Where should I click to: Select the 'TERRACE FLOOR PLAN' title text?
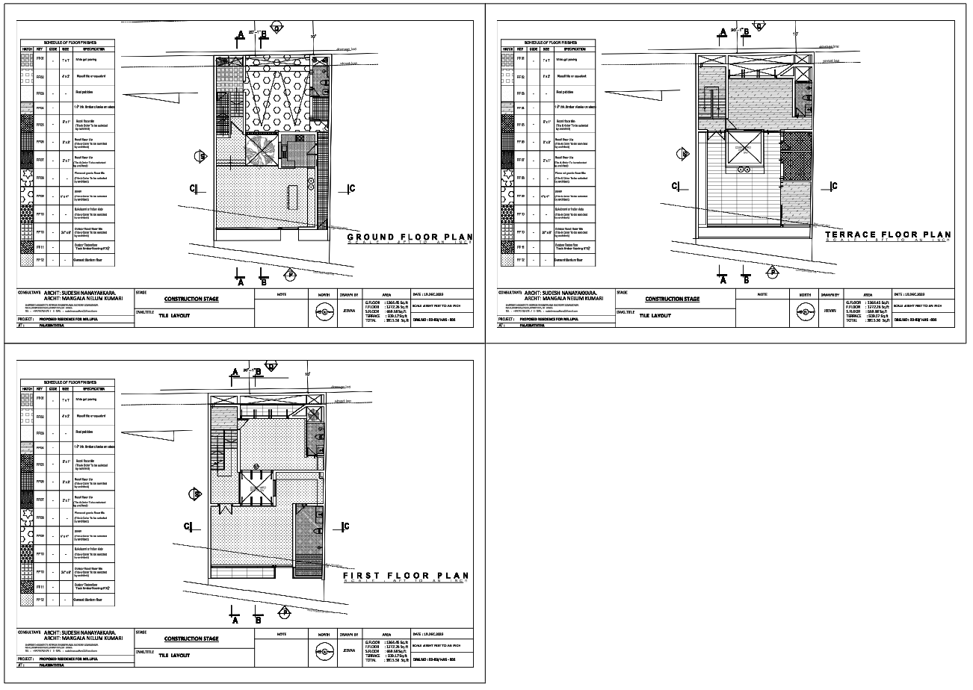pyautogui.click(x=889, y=234)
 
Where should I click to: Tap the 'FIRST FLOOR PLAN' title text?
pyautogui.click(x=406, y=576)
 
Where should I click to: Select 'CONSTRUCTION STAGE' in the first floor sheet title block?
pyautogui.click(x=191, y=638)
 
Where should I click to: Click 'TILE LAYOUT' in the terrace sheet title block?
pyautogui.click(x=655, y=316)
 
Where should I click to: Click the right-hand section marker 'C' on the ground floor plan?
pyautogui.click(x=350, y=188)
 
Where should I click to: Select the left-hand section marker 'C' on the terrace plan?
pyautogui.click(x=675, y=186)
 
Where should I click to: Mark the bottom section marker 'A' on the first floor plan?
pyautogui.click(x=235, y=618)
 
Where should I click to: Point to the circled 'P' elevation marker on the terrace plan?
pyautogui.click(x=771, y=273)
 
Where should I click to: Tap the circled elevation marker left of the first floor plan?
pyautogui.click(x=197, y=494)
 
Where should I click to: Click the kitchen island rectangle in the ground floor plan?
pyautogui.click(x=291, y=198)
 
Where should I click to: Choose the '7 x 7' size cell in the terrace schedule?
pyautogui.click(x=546, y=59)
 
